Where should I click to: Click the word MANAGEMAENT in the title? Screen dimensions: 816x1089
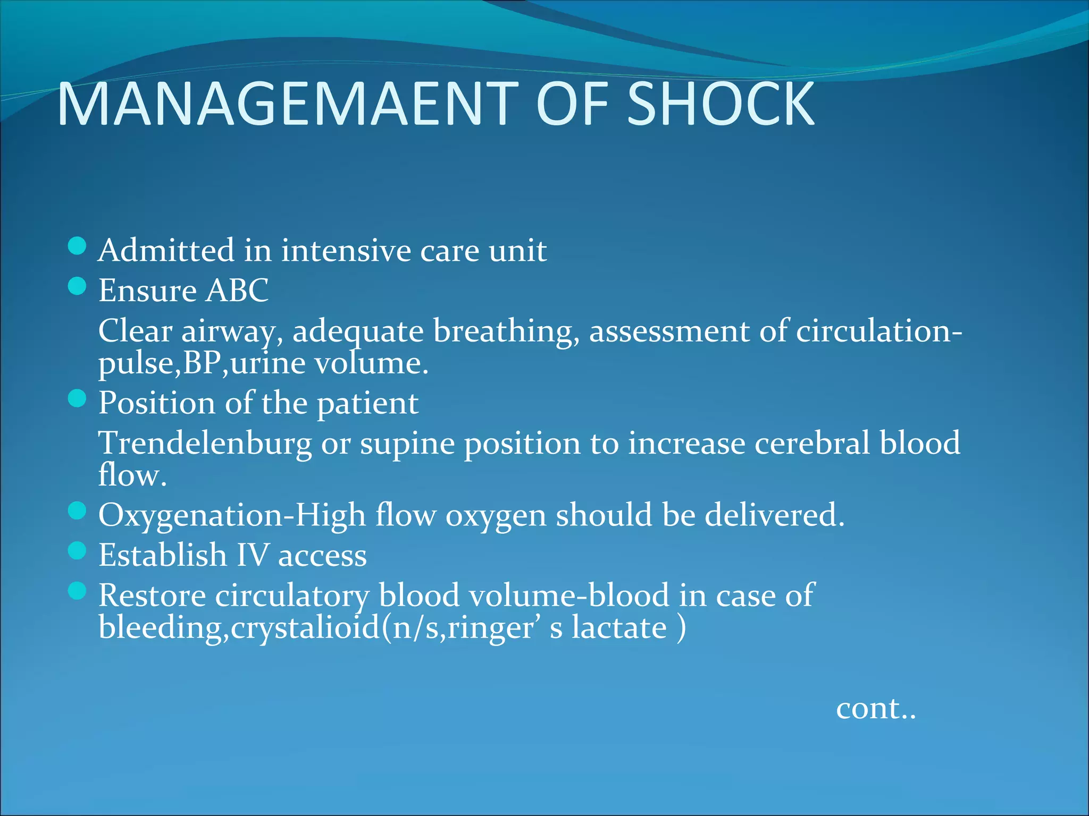[288, 104]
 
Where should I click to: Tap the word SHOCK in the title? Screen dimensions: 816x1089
[721, 104]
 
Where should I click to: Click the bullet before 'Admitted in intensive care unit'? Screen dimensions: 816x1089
[78, 246]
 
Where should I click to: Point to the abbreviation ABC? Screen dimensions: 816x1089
[237, 290]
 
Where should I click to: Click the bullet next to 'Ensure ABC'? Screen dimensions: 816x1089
[78, 286]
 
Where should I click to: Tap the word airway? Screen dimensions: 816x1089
[231, 331]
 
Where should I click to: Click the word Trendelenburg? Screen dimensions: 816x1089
[205, 443]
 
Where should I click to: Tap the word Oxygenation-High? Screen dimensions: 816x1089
[232, 515]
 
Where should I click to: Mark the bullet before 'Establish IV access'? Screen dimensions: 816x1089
[78, 551]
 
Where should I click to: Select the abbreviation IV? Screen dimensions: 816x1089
[253, 555]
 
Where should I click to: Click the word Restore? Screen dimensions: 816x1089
[152, 595]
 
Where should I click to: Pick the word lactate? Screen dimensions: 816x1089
[619, 628]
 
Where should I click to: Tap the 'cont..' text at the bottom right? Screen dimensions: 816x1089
[876, 709]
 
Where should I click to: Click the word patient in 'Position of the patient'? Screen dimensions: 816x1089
[367, 404]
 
